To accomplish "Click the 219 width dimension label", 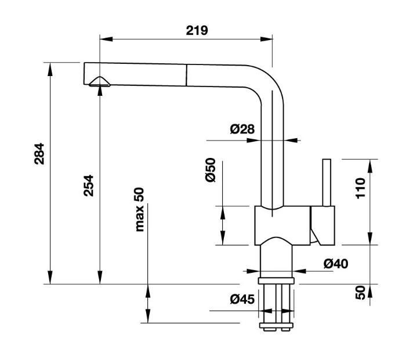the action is (x=197, y=30).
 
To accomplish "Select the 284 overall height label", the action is (x=39, y=154).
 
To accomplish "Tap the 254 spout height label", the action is (x=89, y=185).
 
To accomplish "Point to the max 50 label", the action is (x=139, y=210).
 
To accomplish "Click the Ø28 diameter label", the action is (x=242, y=129).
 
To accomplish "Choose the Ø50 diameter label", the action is (x=211, y=170).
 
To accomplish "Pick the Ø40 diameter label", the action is (x=336, y=264).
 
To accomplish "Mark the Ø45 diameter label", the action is (x=242, y=299).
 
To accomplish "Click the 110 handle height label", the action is (x=361, y=188).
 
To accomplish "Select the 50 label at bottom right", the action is (x=361, y=293).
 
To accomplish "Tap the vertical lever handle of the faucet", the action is (x=327, y=182).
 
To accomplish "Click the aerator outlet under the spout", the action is (x=100, y=82).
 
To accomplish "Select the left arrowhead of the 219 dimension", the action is (x=106, y=39).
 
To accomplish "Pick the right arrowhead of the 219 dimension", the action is (x=266, y=39).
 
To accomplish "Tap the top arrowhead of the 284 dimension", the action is (x=50, y=69).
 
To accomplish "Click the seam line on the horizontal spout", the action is (x=186, y=75).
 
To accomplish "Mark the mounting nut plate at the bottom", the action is (x=276, y=326).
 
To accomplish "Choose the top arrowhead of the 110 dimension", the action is (x=370, y=166).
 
